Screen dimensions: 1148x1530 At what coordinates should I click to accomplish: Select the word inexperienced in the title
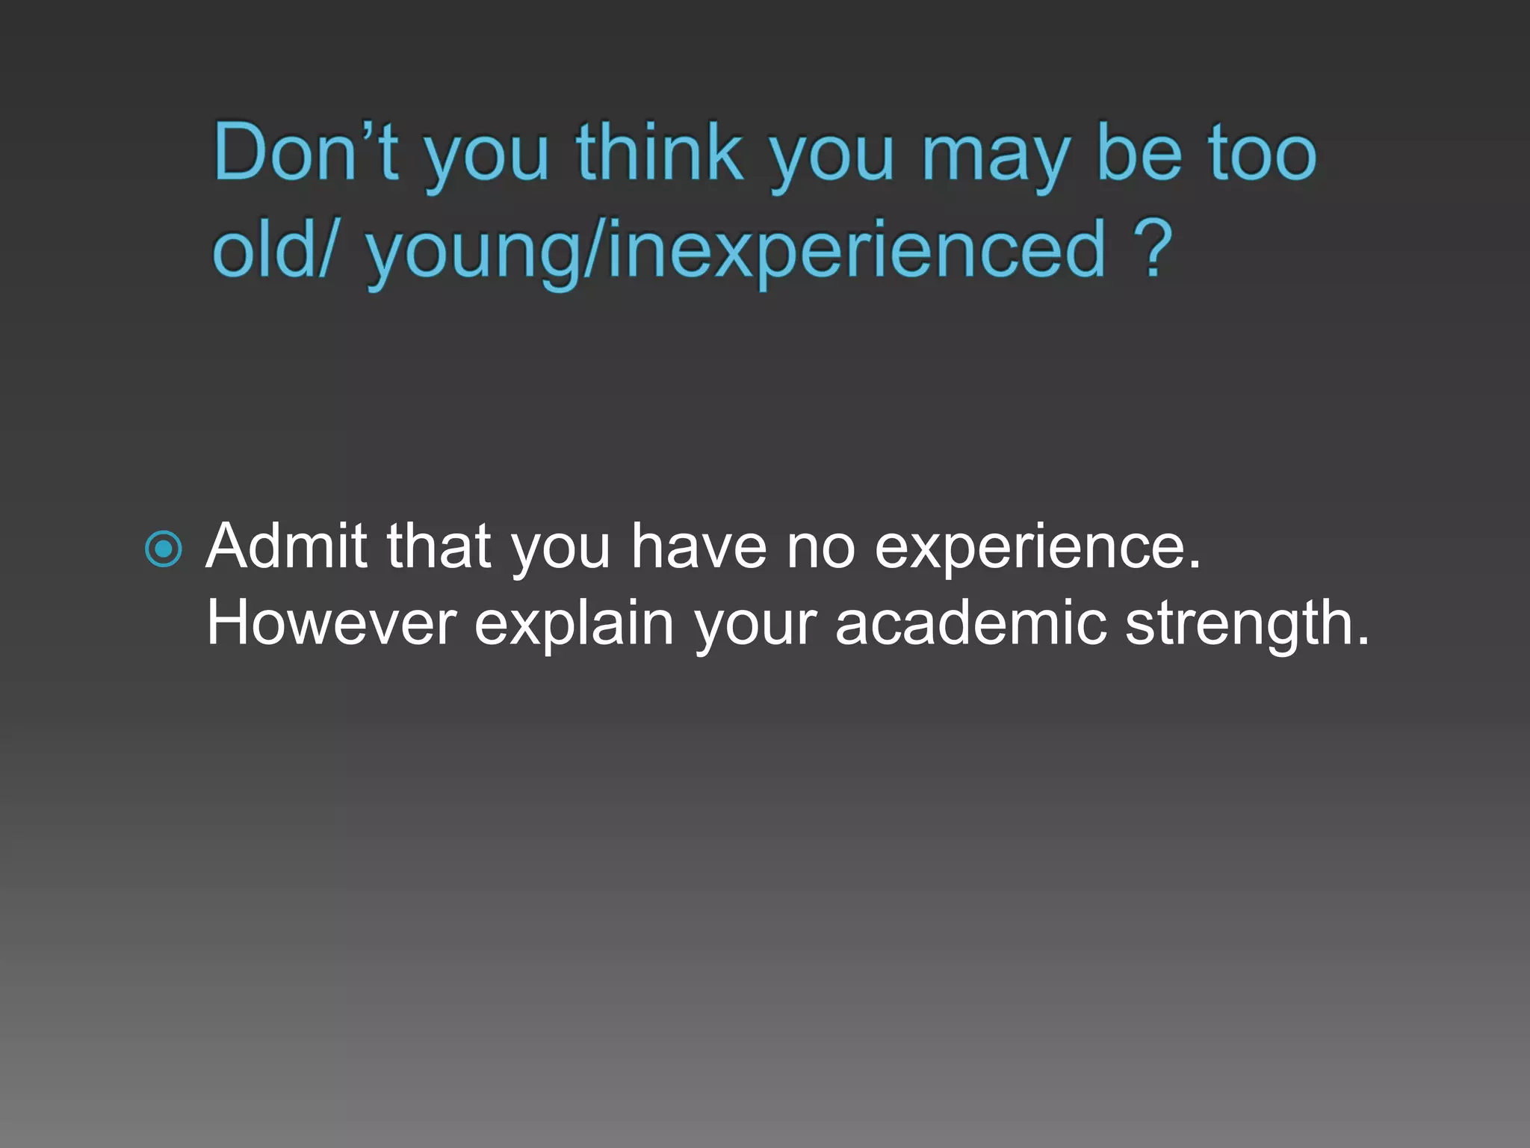(x=855, y=250)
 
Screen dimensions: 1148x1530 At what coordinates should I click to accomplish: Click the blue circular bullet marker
(x=164, y=549)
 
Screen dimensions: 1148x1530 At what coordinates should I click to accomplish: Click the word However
(x=331, y=623)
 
